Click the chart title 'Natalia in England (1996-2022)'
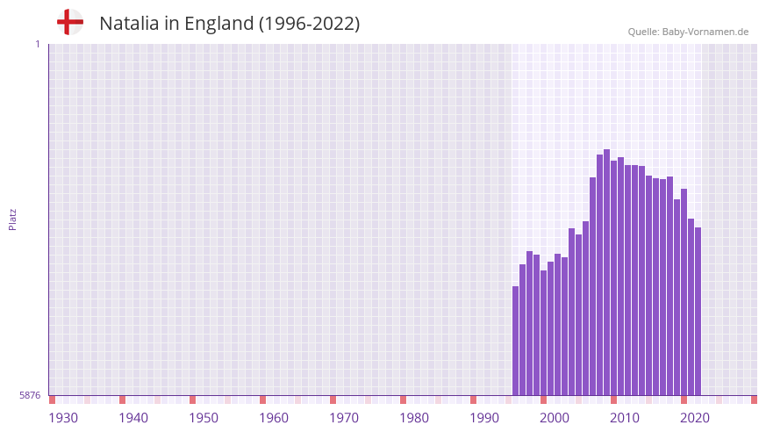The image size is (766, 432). point(229,24)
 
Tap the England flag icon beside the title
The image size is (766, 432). point(69,22)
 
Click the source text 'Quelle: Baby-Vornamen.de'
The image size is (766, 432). point(688,32)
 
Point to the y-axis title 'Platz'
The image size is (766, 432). point(12,220)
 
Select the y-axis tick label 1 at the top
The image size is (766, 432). point(37,44)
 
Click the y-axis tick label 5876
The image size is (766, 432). point(30,396)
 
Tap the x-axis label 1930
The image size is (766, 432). point(63,418)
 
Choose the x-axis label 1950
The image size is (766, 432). point(204,418)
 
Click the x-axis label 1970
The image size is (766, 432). point(344,418)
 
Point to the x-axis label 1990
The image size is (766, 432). point(484,418)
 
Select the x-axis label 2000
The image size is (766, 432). point(555,418)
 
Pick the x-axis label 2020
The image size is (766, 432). point(695,418)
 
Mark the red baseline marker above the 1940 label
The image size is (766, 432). point(122,400)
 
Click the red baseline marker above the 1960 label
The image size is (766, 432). point(262,400)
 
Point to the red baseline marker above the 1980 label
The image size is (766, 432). point(403,400)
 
